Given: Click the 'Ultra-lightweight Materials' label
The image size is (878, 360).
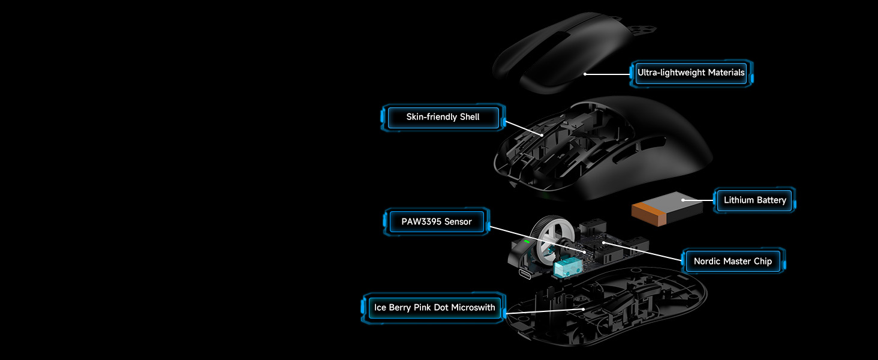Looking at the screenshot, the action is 691,73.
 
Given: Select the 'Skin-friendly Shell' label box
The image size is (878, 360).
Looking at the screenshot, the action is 443,117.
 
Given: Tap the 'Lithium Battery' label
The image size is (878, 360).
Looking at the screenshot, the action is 754,200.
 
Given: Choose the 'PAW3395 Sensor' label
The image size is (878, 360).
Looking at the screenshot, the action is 437,221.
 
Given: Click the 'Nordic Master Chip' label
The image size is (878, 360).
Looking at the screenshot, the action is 732,261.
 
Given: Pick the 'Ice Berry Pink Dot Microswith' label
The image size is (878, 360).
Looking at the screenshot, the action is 435,308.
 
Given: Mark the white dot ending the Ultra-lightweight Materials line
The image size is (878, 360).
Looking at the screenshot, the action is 585,74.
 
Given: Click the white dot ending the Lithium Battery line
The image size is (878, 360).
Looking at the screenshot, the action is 683,200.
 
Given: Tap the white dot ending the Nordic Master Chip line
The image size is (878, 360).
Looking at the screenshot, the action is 604,243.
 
